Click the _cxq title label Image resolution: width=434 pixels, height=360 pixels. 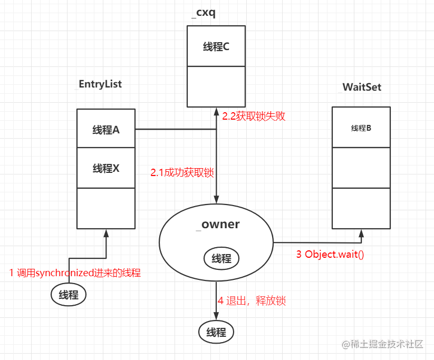pyautogui.click(x=204, y=13)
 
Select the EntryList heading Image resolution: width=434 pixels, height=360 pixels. pyautogui.click(x=100, y=84)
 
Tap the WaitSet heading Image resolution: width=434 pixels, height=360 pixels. pyautogui.click(x=362, y=87)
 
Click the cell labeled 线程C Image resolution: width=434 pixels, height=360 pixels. pyautogui.click(x=216, y=46)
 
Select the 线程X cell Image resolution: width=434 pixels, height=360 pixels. pyautogui.click(x=106, y=168)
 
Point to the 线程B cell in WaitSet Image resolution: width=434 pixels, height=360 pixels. pyautogui.click(x=361, y=127)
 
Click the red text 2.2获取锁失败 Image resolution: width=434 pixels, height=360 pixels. pyautogui.click(x=254, y=116)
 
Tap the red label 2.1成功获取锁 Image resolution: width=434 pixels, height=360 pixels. pyautogui.click(x=182, y=173)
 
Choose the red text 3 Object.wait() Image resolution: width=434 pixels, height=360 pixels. pyautogui.click(x=330, y=254)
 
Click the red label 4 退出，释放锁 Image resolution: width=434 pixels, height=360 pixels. pyautogui.click(x=252, y=300)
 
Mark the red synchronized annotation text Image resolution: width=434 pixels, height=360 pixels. pyautogui.click(x=75, y=273)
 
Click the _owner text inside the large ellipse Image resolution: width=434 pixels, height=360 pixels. pyautogui.click(x=218, y=225)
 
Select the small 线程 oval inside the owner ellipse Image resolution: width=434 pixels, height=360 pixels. pyautogui.click(x=221, y=258)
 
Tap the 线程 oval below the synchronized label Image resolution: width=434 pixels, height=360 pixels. pyautogui.click(x=69, y=295)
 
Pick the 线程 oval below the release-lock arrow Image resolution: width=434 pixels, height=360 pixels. pyautogui.click(x=216, y=332)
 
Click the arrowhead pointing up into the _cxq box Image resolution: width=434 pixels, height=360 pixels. pyautogui.click(x=216, y=112)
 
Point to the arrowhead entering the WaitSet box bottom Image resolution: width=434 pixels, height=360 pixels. pyautogui.click(x=361, y=233)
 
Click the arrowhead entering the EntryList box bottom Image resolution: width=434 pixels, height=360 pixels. pyautogui.click(x=106, y=233)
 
